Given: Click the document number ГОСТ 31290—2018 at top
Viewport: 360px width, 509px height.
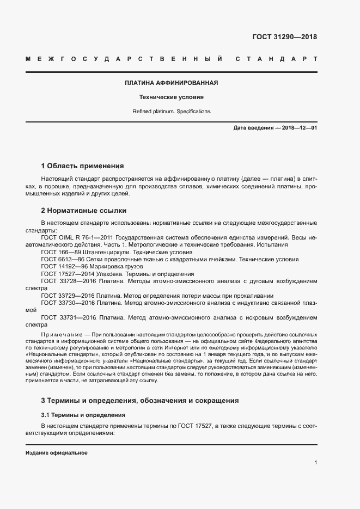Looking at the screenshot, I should pyautogui.click(x=284, y=37).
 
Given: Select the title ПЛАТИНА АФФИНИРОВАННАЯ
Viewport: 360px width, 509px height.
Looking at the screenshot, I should pyautogui.click(x=171, y=83).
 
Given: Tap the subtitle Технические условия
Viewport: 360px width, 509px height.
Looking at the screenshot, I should pyautogui.click(x=171, y=97).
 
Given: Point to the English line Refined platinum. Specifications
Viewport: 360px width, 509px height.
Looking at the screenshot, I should pyautogui.click(x=171, y=111).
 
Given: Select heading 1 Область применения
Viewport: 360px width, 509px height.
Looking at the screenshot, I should pyautogui.click(x=82, y=165).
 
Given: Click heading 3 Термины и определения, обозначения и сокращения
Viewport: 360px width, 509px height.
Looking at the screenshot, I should pyautogui.click(x=140, y=401).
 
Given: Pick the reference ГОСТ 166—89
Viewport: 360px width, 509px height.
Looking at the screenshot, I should pyautogui.click(x=61, y=253).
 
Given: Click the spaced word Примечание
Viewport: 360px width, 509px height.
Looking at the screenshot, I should pyautogui.click(x=60, y=333).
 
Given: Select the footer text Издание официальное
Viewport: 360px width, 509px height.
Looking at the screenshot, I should pyautogui.click(x=57, y=453).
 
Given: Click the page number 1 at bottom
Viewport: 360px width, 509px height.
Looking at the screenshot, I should pyautogui.click(x=315, y=463).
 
